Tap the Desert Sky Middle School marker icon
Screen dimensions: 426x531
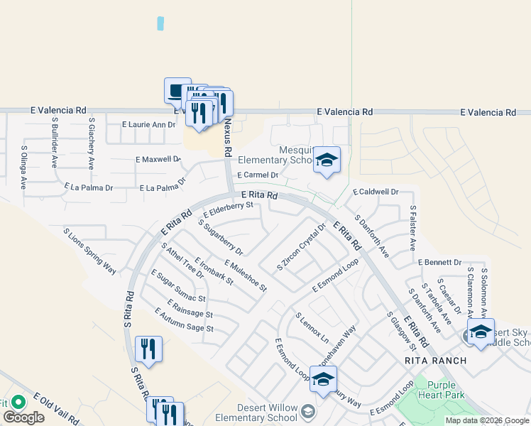click(481, 332)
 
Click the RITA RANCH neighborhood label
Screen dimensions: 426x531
click(435, 361)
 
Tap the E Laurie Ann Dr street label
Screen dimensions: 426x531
click(148, 125)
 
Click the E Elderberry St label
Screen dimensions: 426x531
click(228, 209)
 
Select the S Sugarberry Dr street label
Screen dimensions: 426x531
click(220, 237)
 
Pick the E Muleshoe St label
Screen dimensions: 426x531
click(245, 275)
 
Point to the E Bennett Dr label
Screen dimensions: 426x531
click(440, 262)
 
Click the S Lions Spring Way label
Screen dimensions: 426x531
click(89, 251)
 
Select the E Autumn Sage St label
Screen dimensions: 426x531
click(184, 319)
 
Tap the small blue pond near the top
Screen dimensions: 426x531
click(160, 23)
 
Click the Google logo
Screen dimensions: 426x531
click(23, 417)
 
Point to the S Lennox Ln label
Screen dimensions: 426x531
click(312, 327)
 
